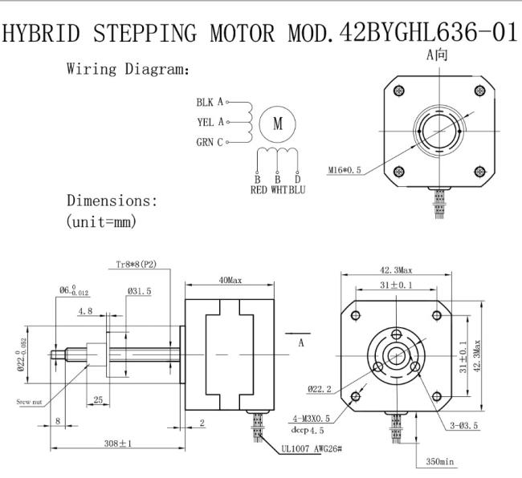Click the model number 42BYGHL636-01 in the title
[x=428, y=33]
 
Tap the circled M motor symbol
[x=277, y=124]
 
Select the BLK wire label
[x=205, y=102]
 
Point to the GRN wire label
[x=205, y=142]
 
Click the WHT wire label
[x=279, y=190]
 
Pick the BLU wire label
[x=297, y=190]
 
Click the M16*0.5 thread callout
[x=345, y=170]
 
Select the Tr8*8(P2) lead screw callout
[x=137, y=265]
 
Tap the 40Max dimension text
[x=230, y=280]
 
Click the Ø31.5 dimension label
[x=139, y=291]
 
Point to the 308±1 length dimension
[x=118, y=443]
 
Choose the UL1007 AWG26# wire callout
[x=312, y=449]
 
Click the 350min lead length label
[x=440, y=461]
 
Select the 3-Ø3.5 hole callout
[x=463, y=425]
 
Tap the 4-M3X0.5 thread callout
[x=312, y=418]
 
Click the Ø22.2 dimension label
[x=320, y=389]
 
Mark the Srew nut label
[x=29, y=402]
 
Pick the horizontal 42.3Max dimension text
[x=396, y=270]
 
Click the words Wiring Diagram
[x=128, y=69]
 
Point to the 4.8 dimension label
[x=85, y=311]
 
